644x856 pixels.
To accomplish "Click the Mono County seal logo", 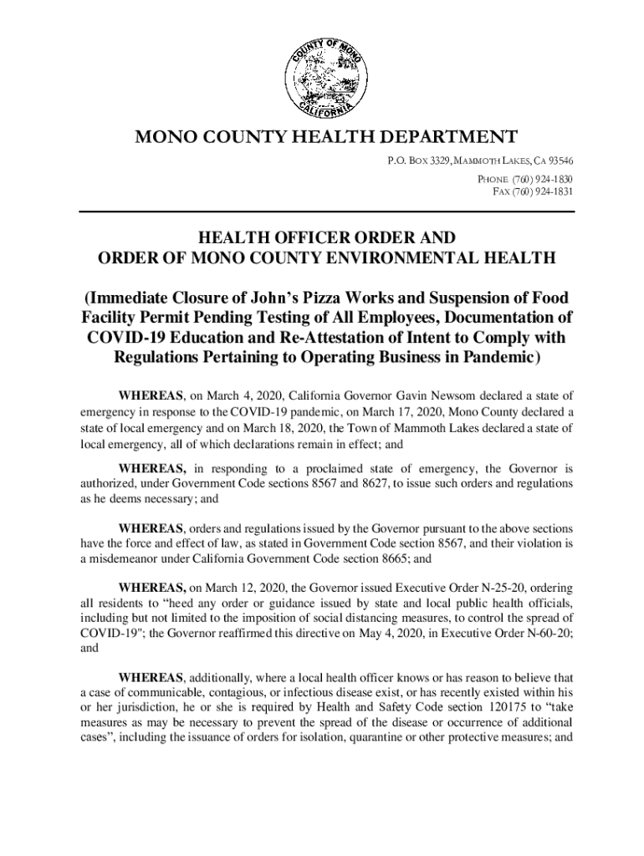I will click(x=322, y=79).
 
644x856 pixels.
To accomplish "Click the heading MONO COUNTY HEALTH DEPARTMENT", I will click(x=321, y=137).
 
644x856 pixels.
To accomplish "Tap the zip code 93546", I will click(x=556, y=160).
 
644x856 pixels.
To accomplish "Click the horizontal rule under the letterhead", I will click(x=326, y=212).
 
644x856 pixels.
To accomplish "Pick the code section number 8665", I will click(x=389, y=558).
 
